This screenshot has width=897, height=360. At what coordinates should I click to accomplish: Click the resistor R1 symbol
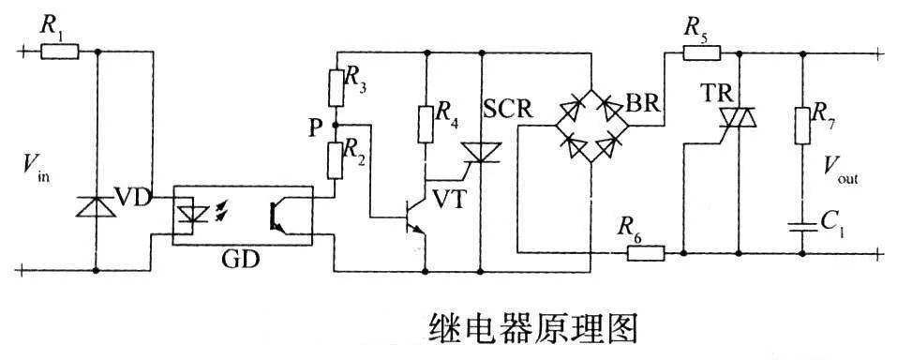click(60, 52)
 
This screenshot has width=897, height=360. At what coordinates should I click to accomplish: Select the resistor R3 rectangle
click(336, 87)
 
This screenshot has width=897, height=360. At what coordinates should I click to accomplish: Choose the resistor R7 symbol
click(802, 125)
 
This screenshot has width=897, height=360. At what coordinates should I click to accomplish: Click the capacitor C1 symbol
click(802, 225)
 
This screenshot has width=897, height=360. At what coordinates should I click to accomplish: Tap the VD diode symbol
click(97, 203)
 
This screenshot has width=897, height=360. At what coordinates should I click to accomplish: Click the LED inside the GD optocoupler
click(191, 215)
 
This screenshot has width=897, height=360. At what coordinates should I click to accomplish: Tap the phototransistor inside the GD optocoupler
click(277, 215)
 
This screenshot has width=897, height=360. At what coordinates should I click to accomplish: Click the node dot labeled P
click(336, 123)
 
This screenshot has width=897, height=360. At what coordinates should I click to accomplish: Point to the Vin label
click(35, 168)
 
